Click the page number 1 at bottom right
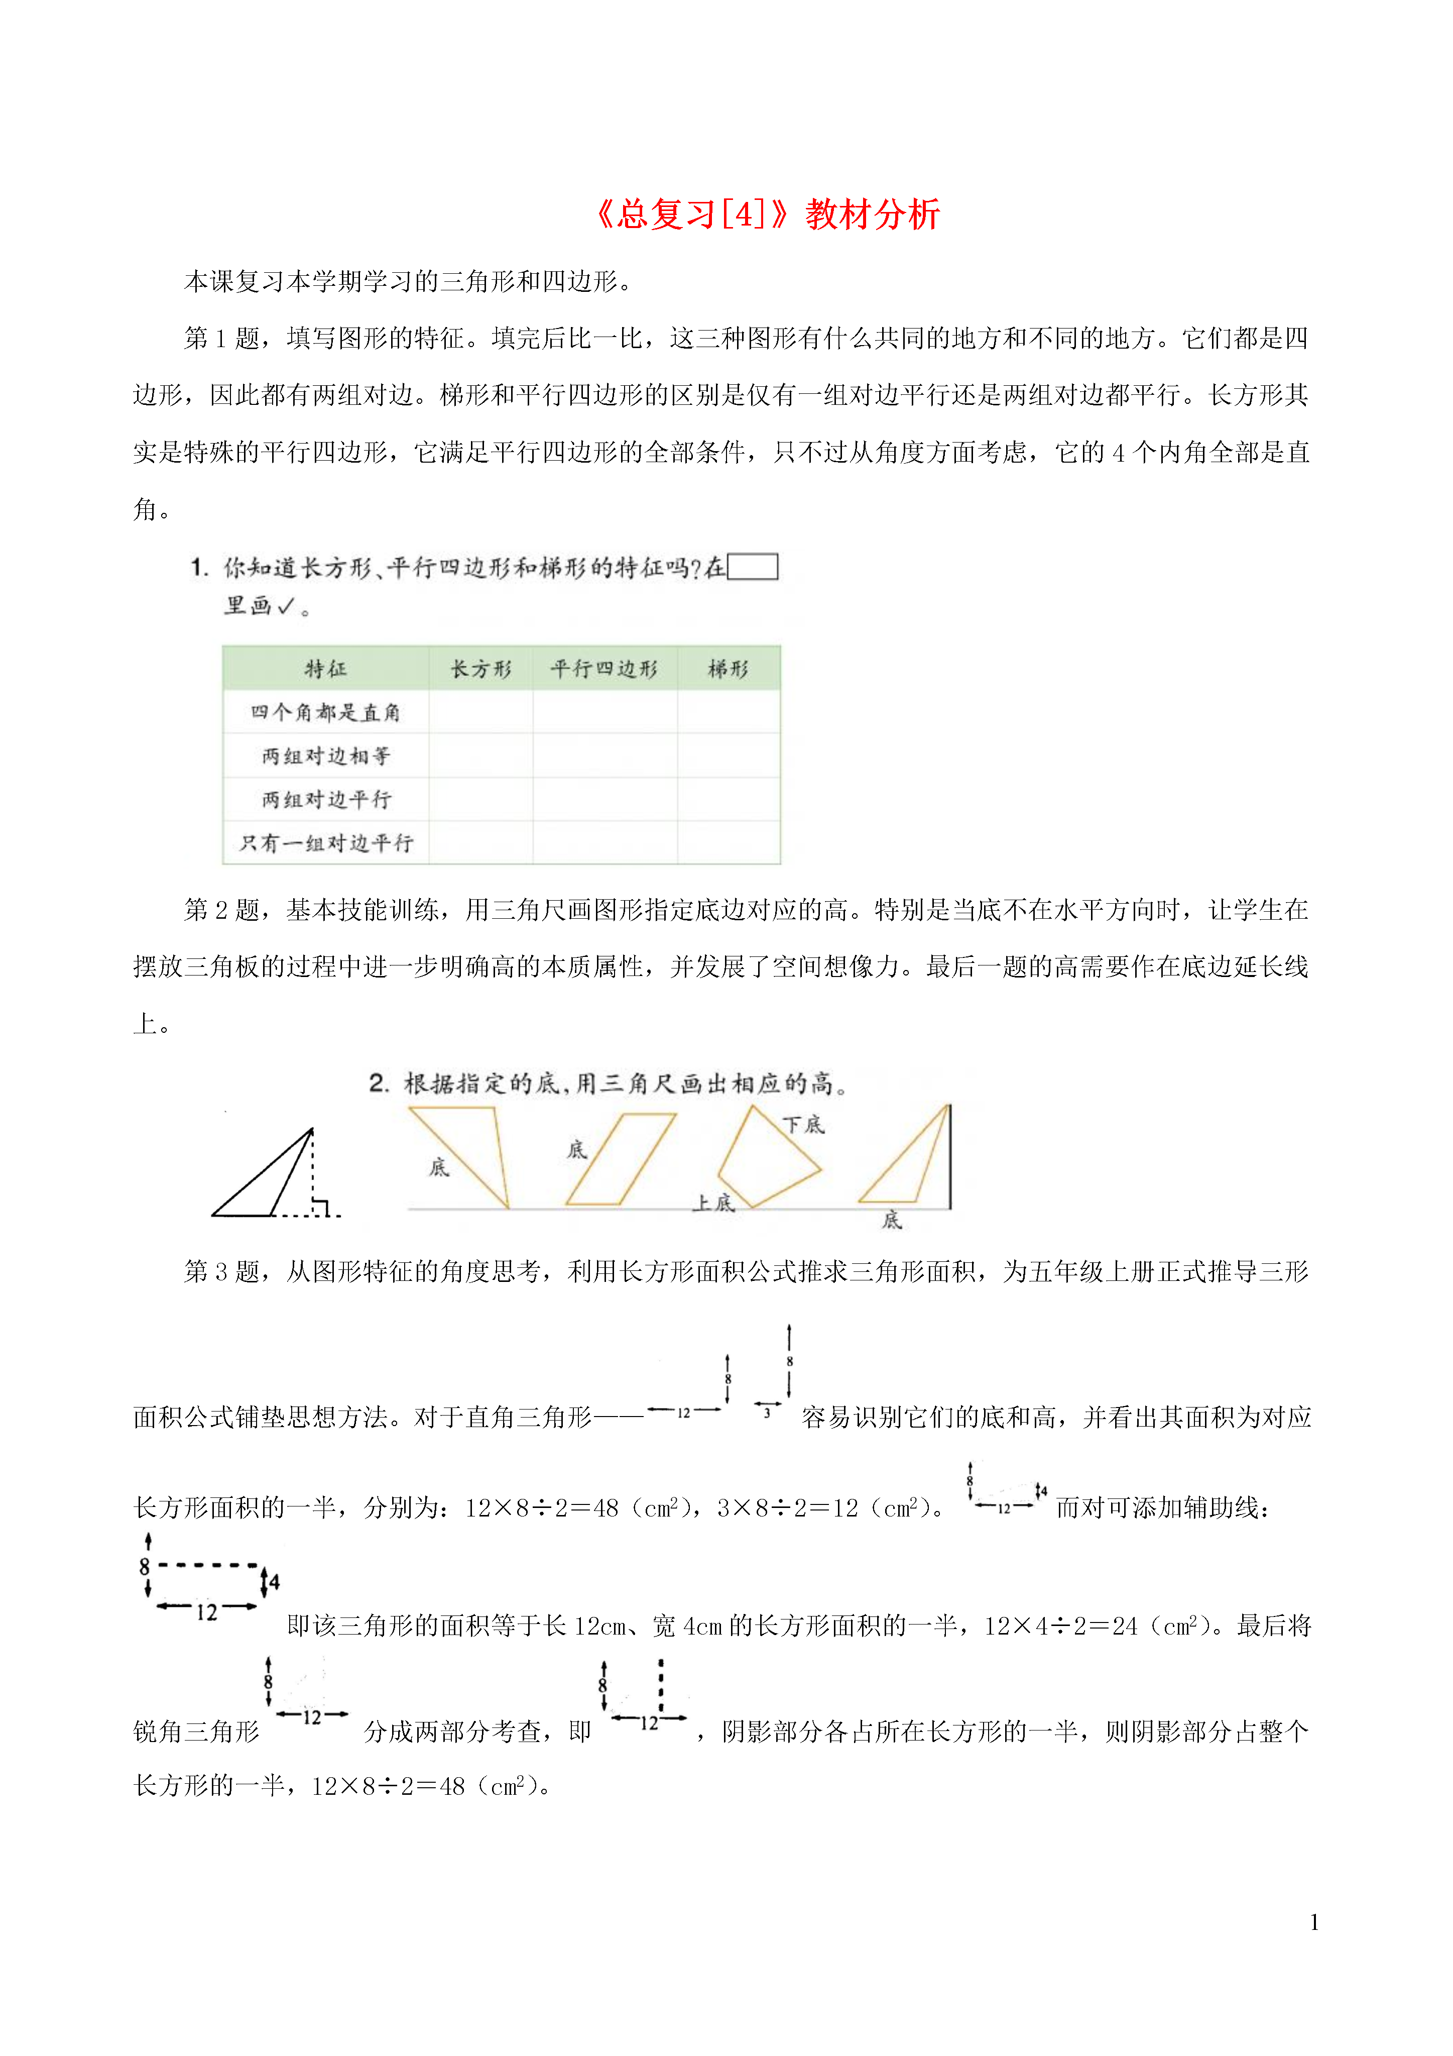(x=1313, y=1922)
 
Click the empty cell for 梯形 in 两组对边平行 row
(x=728, y=799)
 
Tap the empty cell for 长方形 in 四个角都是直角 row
(x=481, y=713)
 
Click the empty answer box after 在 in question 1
(x=752, y=567)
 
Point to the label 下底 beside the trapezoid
(x=803, y=1125)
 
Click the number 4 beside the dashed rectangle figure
(x=274, y=1582)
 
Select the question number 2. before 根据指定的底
(x=379, y=1084)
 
